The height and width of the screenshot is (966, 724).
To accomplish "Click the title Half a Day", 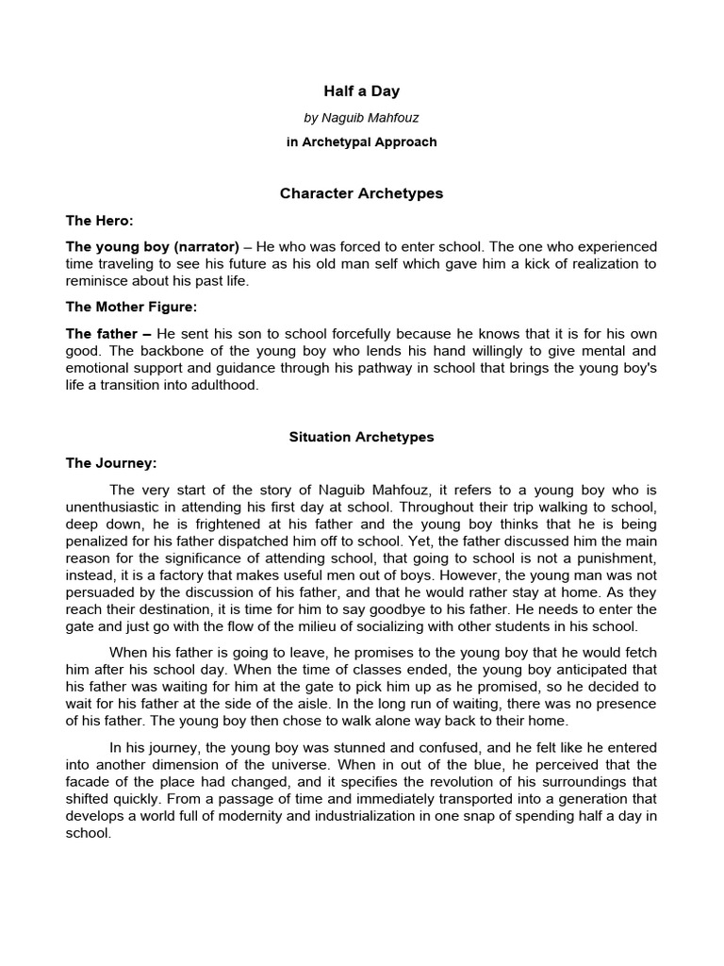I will [x=362, y=92].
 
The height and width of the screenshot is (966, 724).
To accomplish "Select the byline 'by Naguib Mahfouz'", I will [x=362, y=118].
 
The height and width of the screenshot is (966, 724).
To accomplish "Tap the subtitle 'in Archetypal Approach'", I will [x=362, y=142].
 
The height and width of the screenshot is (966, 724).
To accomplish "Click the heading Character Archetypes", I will [x=362, y=193].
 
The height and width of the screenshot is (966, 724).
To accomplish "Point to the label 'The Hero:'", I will [x=99, y=221].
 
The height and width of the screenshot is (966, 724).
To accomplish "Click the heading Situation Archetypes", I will [x=362, y=438].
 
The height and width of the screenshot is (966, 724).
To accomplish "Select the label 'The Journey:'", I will [x=110, y=464].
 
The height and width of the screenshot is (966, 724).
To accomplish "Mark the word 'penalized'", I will [x=95, y=542].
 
